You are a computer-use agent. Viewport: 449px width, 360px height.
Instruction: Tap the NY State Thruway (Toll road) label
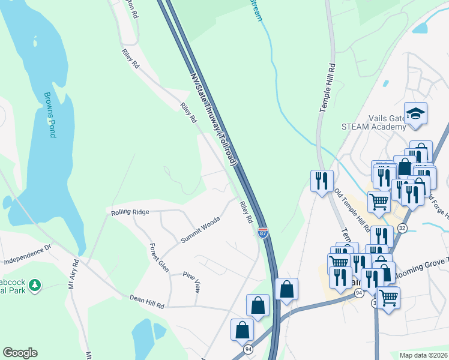214,119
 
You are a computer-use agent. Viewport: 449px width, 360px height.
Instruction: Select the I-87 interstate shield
263,233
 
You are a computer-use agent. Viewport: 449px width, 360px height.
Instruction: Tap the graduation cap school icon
415,113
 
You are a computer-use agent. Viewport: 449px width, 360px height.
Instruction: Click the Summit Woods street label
200,230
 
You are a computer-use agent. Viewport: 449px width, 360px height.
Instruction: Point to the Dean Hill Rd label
146,301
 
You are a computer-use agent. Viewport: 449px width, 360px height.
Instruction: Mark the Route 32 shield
402,228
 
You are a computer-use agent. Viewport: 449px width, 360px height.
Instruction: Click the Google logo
20,353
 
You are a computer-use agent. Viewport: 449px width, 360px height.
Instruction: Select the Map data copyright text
424,355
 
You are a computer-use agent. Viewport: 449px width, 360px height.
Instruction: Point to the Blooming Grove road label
423,265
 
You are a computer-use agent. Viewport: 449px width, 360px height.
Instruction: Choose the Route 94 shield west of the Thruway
248,349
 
